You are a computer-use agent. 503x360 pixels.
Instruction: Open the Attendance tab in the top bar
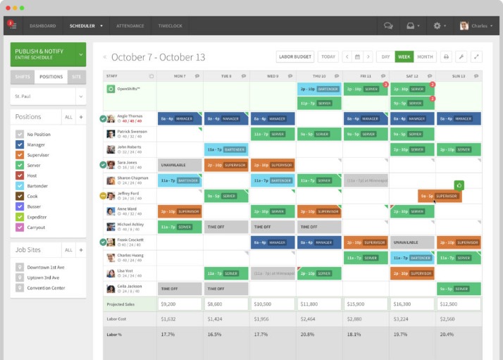[130, 25]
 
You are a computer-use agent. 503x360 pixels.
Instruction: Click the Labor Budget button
[294, 56]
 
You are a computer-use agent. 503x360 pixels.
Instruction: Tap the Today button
[328, 56]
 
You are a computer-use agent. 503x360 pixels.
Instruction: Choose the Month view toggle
[425, 56]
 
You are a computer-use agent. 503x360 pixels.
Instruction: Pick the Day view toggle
[385, 56]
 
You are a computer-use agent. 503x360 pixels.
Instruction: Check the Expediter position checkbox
[20, 218]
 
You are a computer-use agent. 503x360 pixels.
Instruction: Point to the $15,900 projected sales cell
[366, 304]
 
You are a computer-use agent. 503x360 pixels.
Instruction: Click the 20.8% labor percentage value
[307, 334]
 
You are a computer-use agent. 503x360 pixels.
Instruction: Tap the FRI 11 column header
[366, 75]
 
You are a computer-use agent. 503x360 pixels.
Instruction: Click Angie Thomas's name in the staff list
[130, 116]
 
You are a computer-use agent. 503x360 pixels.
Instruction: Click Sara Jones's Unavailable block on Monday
[179, 165]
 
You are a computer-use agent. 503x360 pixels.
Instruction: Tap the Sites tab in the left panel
[76, 76]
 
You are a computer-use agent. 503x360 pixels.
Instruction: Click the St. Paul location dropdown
[48, 95]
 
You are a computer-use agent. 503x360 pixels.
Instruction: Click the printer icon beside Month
[446, 56]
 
